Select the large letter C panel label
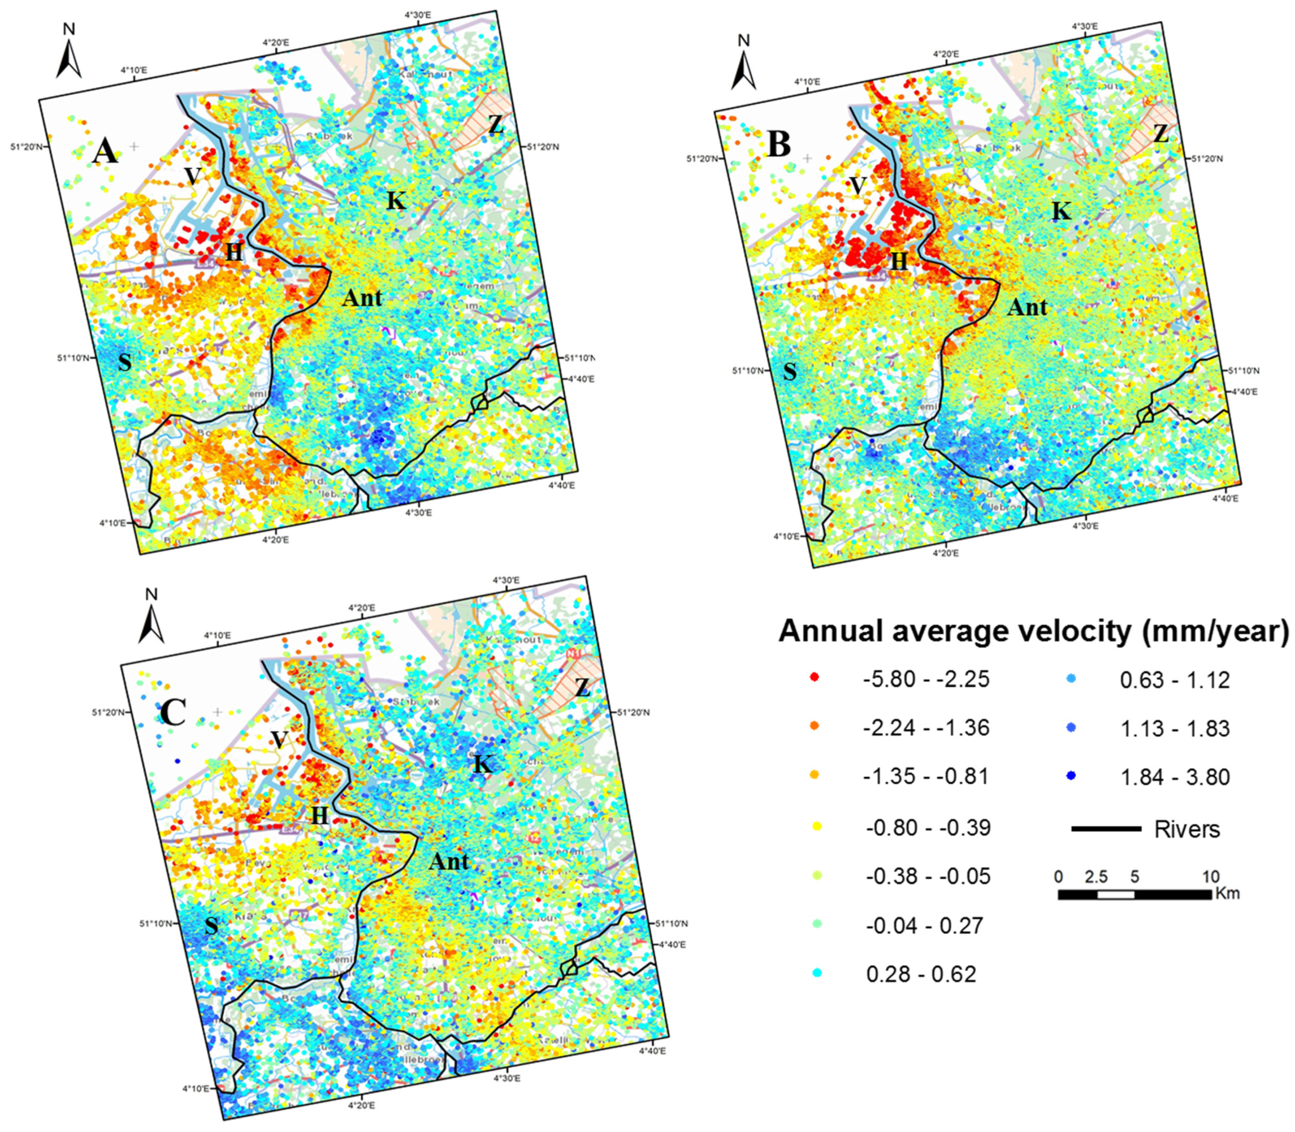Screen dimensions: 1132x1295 pos(173,713)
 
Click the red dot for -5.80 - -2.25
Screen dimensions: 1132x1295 pos(814,677)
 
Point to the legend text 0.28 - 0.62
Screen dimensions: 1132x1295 pos(921,973)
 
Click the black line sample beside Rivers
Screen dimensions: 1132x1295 pos(1106,828)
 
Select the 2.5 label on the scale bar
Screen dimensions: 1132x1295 pos(1096,877)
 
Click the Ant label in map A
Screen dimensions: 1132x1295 pos(362,297)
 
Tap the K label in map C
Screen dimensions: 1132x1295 pos(483,764)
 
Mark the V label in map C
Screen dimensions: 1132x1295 pos(279,740)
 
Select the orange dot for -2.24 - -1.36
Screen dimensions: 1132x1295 pos(814,727)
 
